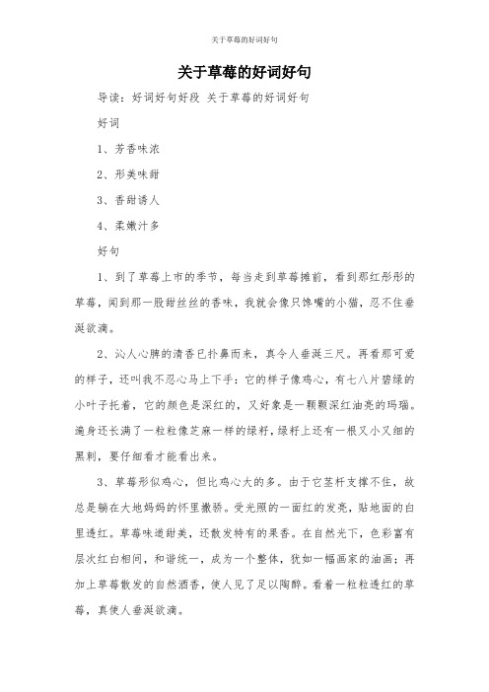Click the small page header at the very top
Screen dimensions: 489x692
pyautogui.click(x=244, y=40)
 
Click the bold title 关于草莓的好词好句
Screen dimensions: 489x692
pyautogui.click(x=244, y=72)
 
